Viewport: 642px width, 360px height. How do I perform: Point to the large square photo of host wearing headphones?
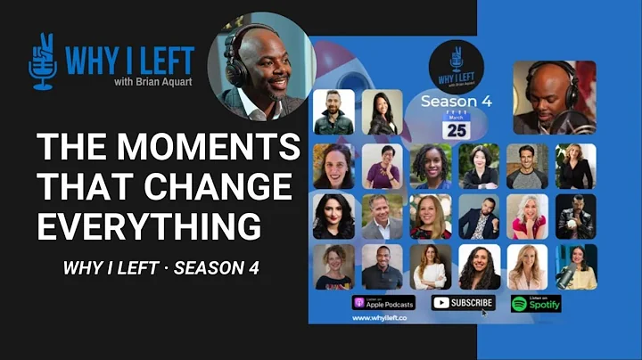(x=555, y=97)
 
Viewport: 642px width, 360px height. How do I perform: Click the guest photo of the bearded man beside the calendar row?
(x=333, y=111)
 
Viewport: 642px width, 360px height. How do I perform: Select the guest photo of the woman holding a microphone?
(x=576, y=266)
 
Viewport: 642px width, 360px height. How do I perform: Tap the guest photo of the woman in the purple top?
(x=383, y=165)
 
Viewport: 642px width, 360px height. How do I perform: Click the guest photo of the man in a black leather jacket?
(x=576, y=216)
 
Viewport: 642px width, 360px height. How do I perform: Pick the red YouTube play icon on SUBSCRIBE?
(x=440, y=303)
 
